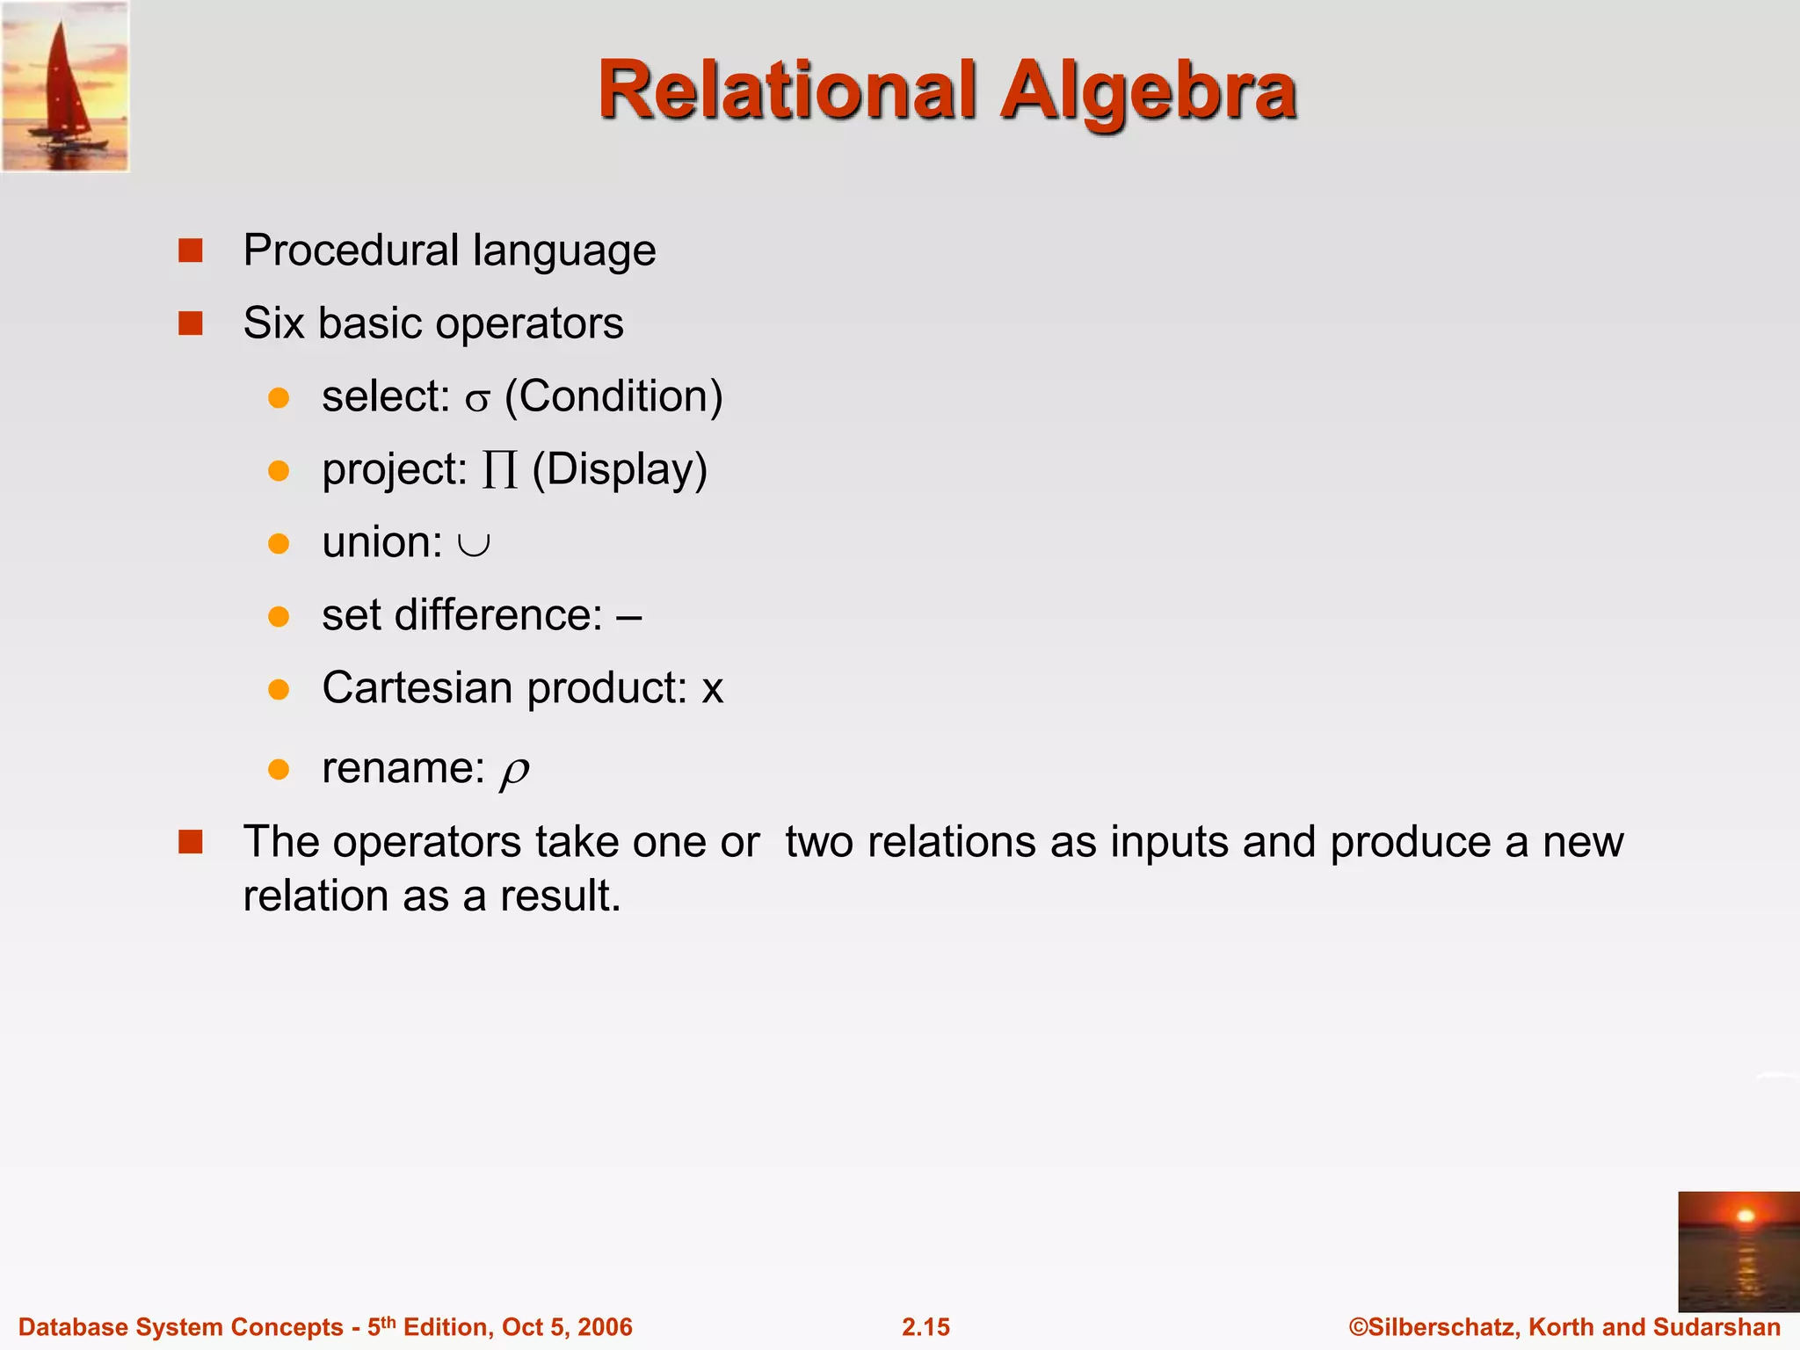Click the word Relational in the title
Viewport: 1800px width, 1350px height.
787,91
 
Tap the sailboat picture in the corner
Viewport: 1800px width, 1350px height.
65,86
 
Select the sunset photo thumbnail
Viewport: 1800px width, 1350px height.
1738,1251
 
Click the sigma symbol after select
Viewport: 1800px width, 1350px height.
477,401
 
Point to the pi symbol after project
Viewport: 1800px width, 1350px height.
499,470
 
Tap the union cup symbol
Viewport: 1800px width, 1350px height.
474,545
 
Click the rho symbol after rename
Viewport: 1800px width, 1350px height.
514,772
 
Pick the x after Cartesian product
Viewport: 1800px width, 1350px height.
712,689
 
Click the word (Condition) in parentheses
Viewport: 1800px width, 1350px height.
613,396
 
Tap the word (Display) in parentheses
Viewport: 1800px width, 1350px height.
620,469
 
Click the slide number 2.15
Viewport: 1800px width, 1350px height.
925,1327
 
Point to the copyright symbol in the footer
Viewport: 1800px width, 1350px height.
1358,1327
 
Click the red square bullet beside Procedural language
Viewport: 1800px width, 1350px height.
191,251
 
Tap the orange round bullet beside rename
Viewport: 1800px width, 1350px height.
279,770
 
